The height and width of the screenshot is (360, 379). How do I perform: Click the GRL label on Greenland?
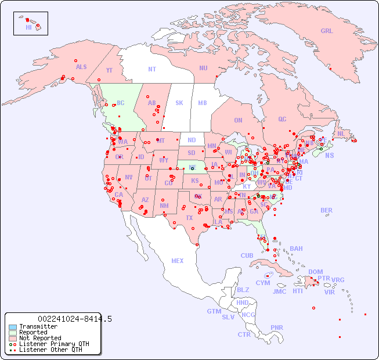click(327, 31)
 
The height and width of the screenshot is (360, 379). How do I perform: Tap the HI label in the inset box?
click(28, 27)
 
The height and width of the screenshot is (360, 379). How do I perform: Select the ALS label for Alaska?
click(81, 67)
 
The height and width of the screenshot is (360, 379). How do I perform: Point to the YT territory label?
click(109, 70)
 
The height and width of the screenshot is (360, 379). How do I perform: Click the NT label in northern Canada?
click(151, 69)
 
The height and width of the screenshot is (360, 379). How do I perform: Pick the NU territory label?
click(203, 68)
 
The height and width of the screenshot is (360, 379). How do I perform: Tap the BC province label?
click(121, 103)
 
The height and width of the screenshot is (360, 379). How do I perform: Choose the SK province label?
click(179, 103)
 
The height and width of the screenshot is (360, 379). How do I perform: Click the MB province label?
click(202, 103)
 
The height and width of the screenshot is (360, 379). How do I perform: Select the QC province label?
click(282, 119)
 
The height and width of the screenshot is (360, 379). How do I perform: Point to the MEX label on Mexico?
click(178, 261)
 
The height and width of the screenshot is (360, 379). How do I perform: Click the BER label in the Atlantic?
click(327, 210)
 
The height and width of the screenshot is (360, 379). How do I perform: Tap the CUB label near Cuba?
click(247, 255)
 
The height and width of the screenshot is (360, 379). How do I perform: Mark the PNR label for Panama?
click(277, 327)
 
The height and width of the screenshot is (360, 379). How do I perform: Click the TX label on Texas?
click(189, 218)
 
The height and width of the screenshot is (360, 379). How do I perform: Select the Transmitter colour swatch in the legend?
click(12, 327)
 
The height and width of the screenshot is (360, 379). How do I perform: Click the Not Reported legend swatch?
click(12, 338)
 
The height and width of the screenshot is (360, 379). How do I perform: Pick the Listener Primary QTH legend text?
click(54, 344)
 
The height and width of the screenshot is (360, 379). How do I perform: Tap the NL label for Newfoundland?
click(341, 133)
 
